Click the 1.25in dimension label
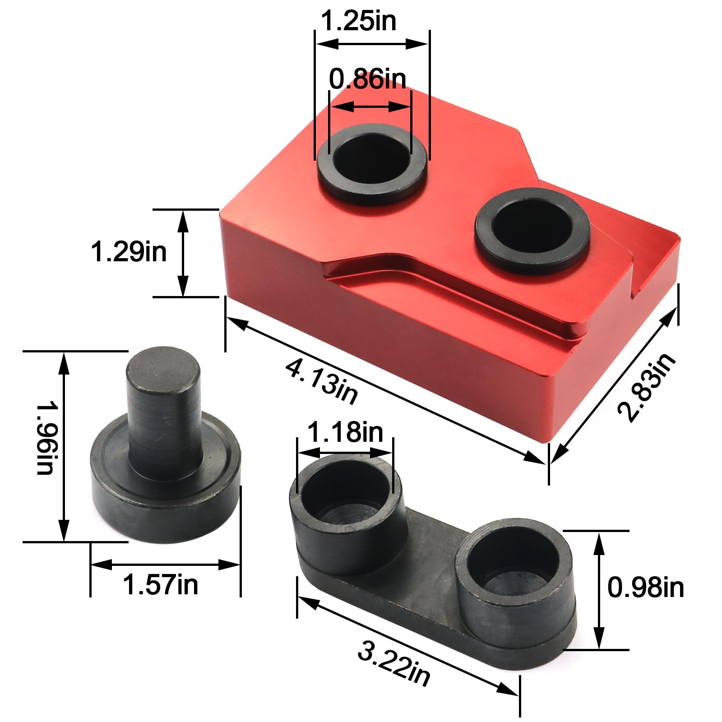(x=358, y=21)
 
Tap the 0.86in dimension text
(x=367, y=79)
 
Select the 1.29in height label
(x=129, y=251)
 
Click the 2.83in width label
(x=646, y=387)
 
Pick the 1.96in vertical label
(x=45, y=438)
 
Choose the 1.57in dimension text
(x=160, y=585)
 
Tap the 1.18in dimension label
(x=345, y=432)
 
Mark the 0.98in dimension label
(x=645, y=588)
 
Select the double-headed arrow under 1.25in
(x=371, y=44)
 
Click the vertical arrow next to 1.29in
(x=183, y=253)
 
